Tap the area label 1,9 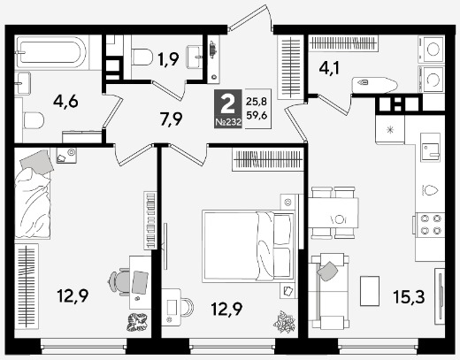(x=168, y=59)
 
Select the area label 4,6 (x=65, y=102)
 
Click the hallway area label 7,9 (x=171, y=119)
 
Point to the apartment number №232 (x=228, y=122)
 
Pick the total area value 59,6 (x=257, y=115)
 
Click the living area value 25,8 (x=257, y=102)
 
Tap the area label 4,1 (x=329, y=68)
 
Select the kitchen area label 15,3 (x=409, y=296)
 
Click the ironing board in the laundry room (x=374, y=85)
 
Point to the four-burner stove (x=430, y=224)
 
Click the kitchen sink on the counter (x=430, y=148)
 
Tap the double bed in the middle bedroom (x=249, y=246)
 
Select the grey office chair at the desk (x=119, y=281)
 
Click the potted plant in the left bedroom (x=137, y=322)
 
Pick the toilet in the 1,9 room (x=142, y=57)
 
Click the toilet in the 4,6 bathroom (x=34, y=120)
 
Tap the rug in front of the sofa (x=370, y=291)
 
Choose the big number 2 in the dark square (x=227, y=104)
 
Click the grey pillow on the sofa (x=328, y=272)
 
